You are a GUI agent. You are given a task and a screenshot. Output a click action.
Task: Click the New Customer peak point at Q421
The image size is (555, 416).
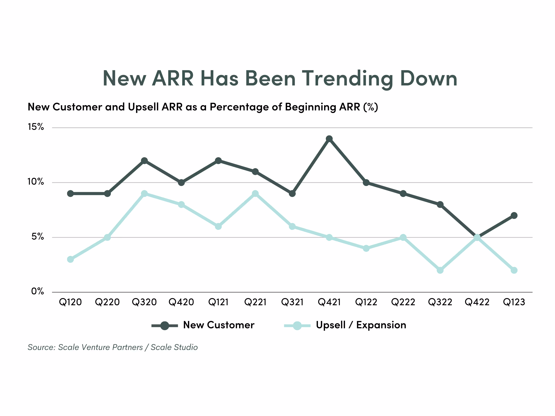[329, 139]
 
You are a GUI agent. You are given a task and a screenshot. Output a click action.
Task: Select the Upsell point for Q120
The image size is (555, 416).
[71, 259]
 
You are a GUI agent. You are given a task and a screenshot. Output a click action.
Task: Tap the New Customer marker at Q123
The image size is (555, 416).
[514, 215]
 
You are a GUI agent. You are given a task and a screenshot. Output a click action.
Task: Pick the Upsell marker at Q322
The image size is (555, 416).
[440, 270]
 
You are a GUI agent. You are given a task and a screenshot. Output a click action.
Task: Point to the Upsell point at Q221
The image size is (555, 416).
[255, 194]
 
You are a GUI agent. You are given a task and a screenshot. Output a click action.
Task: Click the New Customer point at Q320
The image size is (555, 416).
[144, 161]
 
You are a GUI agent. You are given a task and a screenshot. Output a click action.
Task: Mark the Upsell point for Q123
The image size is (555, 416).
[514, 270]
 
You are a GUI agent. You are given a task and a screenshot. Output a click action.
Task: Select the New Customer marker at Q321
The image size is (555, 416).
[292, 194]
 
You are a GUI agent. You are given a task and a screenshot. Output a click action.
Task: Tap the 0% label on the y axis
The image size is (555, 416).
[37, 291]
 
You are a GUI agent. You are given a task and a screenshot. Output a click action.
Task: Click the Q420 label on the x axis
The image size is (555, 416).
[181, 302]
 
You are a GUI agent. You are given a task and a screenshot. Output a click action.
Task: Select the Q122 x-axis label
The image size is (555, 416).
[366, 302]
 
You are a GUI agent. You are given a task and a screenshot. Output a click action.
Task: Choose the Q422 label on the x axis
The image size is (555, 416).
[477, 302]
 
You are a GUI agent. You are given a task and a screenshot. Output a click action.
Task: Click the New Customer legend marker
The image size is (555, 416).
[165, 326]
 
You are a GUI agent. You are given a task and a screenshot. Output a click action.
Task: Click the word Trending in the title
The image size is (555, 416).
[348, 79]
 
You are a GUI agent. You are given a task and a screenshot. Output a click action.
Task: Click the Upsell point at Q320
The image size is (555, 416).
[144, 194]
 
